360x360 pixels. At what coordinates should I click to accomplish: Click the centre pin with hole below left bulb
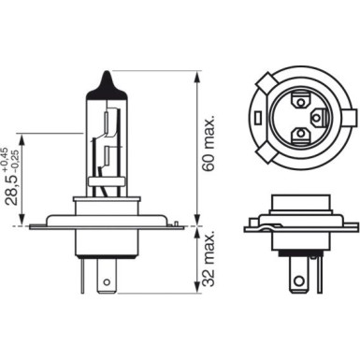(108, 279)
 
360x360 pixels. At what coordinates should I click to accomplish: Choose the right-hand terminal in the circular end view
(318, 116)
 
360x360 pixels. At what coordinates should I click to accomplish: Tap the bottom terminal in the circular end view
(300, 137)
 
